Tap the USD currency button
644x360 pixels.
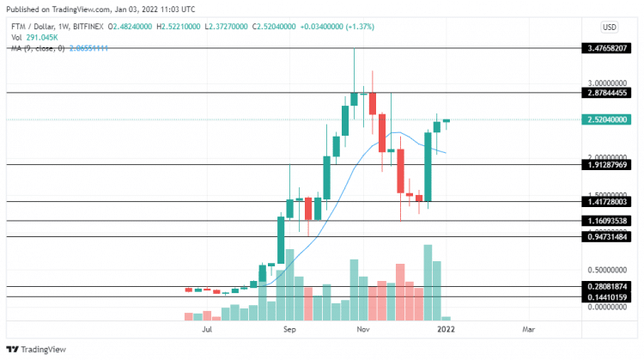tap(610, 27)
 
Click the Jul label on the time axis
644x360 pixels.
tap(207, 329)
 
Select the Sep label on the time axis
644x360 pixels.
tap(289, 329)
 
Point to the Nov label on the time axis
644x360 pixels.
tap(363, 329)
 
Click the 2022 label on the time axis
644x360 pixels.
tap(446, 329)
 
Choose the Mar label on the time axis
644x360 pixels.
tap(526, 329)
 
